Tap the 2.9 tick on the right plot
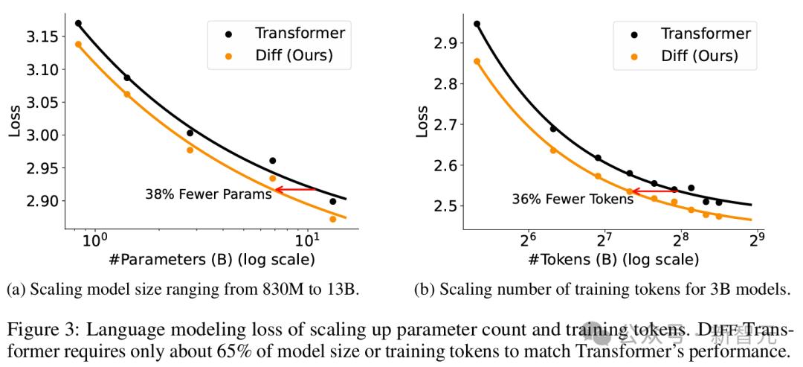(x=445, y=44)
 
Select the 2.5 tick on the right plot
(x=445, y=205)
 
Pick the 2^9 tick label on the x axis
(x=756, y=240)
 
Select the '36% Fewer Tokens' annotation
(x=561, y=199)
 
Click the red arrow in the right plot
(x=653, y=191)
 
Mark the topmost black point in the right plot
(x=477, y=24)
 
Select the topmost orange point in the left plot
(x=79, y=44)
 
